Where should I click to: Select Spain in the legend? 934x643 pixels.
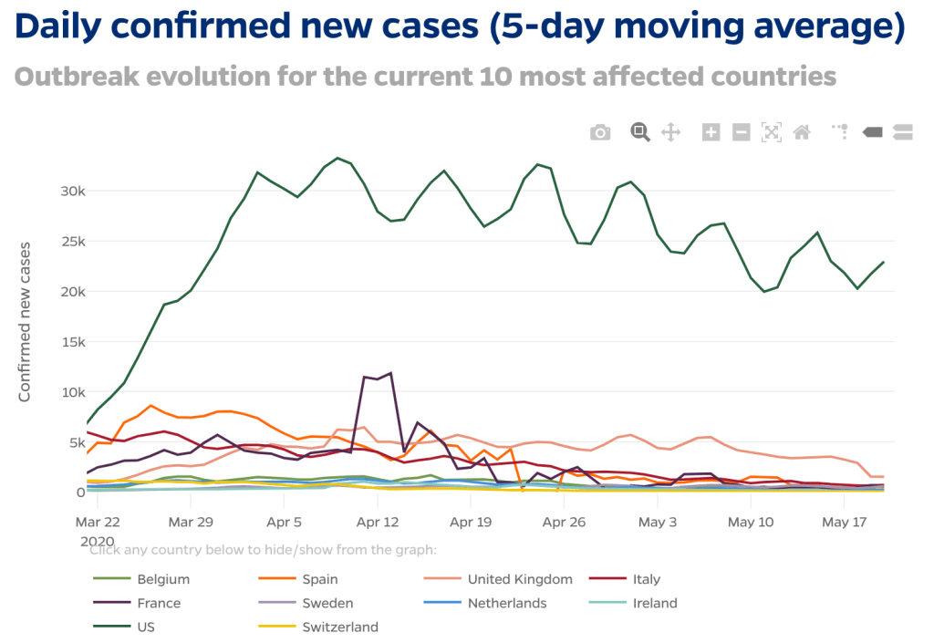(320, 579)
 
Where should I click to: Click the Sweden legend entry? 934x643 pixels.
(327, 603)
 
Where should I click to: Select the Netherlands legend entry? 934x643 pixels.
(507, 603)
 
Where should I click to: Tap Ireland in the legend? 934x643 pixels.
(655, 603)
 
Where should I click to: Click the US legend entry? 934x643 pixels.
(146, 627)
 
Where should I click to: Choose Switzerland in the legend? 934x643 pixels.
(340, 627)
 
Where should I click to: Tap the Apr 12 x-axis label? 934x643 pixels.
(379, 523)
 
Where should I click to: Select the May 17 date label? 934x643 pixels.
(844, 523)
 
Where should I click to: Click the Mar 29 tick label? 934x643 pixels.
(192, 523)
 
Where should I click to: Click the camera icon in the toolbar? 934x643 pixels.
(600, 132)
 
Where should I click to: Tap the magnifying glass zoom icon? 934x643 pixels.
(640, 132)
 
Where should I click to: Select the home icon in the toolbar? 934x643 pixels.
(802, 132)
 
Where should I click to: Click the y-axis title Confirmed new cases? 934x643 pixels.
(26, 321)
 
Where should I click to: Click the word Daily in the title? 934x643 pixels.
(67, 28)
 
